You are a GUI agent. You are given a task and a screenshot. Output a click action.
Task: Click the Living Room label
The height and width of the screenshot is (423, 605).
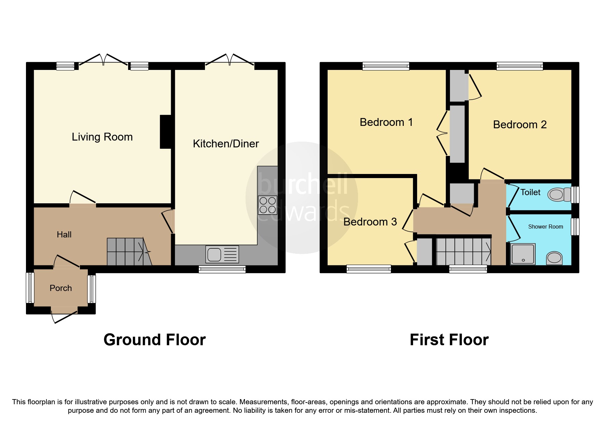click(102, 137)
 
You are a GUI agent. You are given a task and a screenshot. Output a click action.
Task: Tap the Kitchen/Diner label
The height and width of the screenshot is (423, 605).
click(226, 144)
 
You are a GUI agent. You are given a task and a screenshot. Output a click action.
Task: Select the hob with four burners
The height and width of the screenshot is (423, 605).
click(267, 205)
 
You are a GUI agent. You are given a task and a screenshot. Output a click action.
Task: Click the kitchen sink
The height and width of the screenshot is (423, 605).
click(222, 254)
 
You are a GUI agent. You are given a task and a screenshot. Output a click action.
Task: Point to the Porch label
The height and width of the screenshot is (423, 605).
click(61, 288)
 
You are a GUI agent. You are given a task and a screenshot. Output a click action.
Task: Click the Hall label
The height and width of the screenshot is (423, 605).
click(64, 234)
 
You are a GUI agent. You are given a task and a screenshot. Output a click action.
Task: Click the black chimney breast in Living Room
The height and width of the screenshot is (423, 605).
click(165, 132)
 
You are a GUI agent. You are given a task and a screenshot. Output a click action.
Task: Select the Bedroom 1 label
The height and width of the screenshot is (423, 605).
click(386, 122)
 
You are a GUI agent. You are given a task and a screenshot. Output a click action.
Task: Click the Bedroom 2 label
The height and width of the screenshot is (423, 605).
click(520, 125)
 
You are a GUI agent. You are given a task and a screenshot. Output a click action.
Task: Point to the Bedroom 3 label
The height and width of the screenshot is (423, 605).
click(370, 222)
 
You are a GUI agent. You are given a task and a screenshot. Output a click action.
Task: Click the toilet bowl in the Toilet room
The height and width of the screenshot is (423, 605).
click(556, 195)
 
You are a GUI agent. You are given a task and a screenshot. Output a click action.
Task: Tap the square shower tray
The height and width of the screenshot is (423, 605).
click(523, 254)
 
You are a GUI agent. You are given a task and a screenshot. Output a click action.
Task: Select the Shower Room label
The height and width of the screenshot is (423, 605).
click(545, 227)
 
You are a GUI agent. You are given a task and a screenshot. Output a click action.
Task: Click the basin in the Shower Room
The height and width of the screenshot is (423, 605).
click(554, 258)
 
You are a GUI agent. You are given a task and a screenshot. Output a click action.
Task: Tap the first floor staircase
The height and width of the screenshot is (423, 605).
click(464, 252)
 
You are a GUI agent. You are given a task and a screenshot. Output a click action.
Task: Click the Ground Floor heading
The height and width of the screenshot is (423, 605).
click(154, 340)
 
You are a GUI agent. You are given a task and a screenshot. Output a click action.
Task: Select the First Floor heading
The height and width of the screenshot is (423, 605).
click(449, 340)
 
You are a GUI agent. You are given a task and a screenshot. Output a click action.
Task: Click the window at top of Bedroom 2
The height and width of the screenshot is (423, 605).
click(519, 66)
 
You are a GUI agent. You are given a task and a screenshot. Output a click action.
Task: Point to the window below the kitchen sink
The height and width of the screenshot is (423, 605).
click(222, 269)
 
